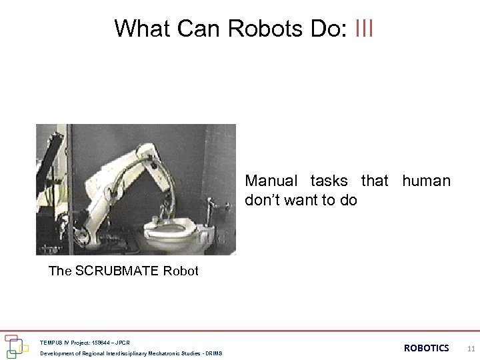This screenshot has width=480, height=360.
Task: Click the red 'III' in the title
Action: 364,29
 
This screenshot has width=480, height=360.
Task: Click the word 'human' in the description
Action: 426,181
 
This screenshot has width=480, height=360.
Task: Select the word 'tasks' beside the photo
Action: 329,181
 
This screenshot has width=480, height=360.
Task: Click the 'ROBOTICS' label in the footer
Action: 426,347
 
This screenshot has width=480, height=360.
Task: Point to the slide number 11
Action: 471,348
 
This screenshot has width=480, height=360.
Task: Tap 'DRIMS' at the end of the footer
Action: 214,353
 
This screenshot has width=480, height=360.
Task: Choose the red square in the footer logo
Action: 10,338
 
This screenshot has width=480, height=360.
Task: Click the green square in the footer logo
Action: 11,354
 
